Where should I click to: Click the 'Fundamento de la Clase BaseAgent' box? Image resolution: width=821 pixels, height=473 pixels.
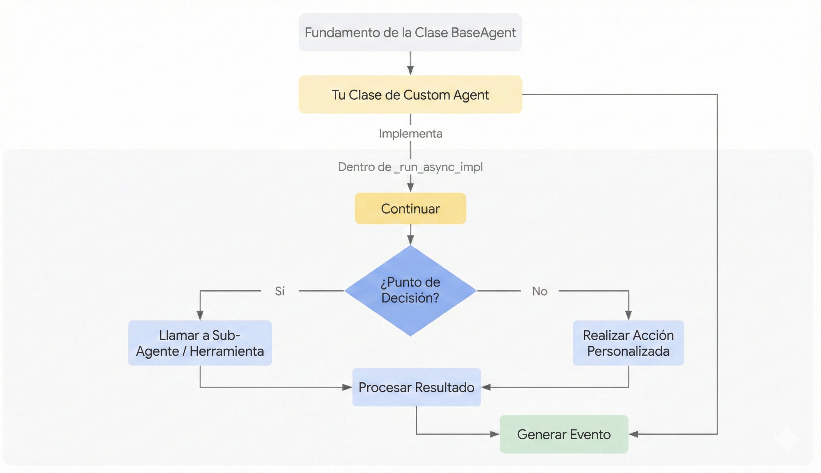click(410, 32)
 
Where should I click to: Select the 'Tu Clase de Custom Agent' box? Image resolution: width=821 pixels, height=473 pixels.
click(410, 94)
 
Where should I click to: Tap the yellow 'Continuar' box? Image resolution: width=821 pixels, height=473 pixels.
click(410, 208)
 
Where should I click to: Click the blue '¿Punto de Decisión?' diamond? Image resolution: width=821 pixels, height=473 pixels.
click(410, 290)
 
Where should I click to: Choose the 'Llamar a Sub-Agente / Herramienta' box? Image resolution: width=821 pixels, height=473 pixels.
click(200, 343)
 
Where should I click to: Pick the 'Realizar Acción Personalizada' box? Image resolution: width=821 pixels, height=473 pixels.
click(628, 343)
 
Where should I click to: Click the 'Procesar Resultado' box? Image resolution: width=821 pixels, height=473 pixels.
click(416, 387)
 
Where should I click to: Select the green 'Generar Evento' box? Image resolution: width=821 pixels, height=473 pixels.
click(564, 434)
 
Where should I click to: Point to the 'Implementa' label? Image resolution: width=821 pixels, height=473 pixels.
click(410, 134)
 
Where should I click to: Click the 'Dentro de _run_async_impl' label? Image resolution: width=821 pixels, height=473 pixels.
click(410, 167)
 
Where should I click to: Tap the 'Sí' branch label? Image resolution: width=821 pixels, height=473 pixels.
click(280, 291)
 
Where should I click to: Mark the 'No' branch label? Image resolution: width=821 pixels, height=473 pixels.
click(539, 291)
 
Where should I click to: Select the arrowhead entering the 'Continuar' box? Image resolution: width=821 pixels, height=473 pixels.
click(410, 187)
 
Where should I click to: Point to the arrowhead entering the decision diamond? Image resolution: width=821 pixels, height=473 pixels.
click(410, 240)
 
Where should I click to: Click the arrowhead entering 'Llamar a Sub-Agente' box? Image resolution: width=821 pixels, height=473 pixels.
click(200, 315)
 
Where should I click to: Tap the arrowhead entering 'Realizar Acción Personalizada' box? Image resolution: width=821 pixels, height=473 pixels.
click(628, 315)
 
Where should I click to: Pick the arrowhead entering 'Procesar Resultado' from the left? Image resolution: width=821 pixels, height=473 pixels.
click(347, 387)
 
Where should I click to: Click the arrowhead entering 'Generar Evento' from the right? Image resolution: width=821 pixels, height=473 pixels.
click(634, 434)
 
